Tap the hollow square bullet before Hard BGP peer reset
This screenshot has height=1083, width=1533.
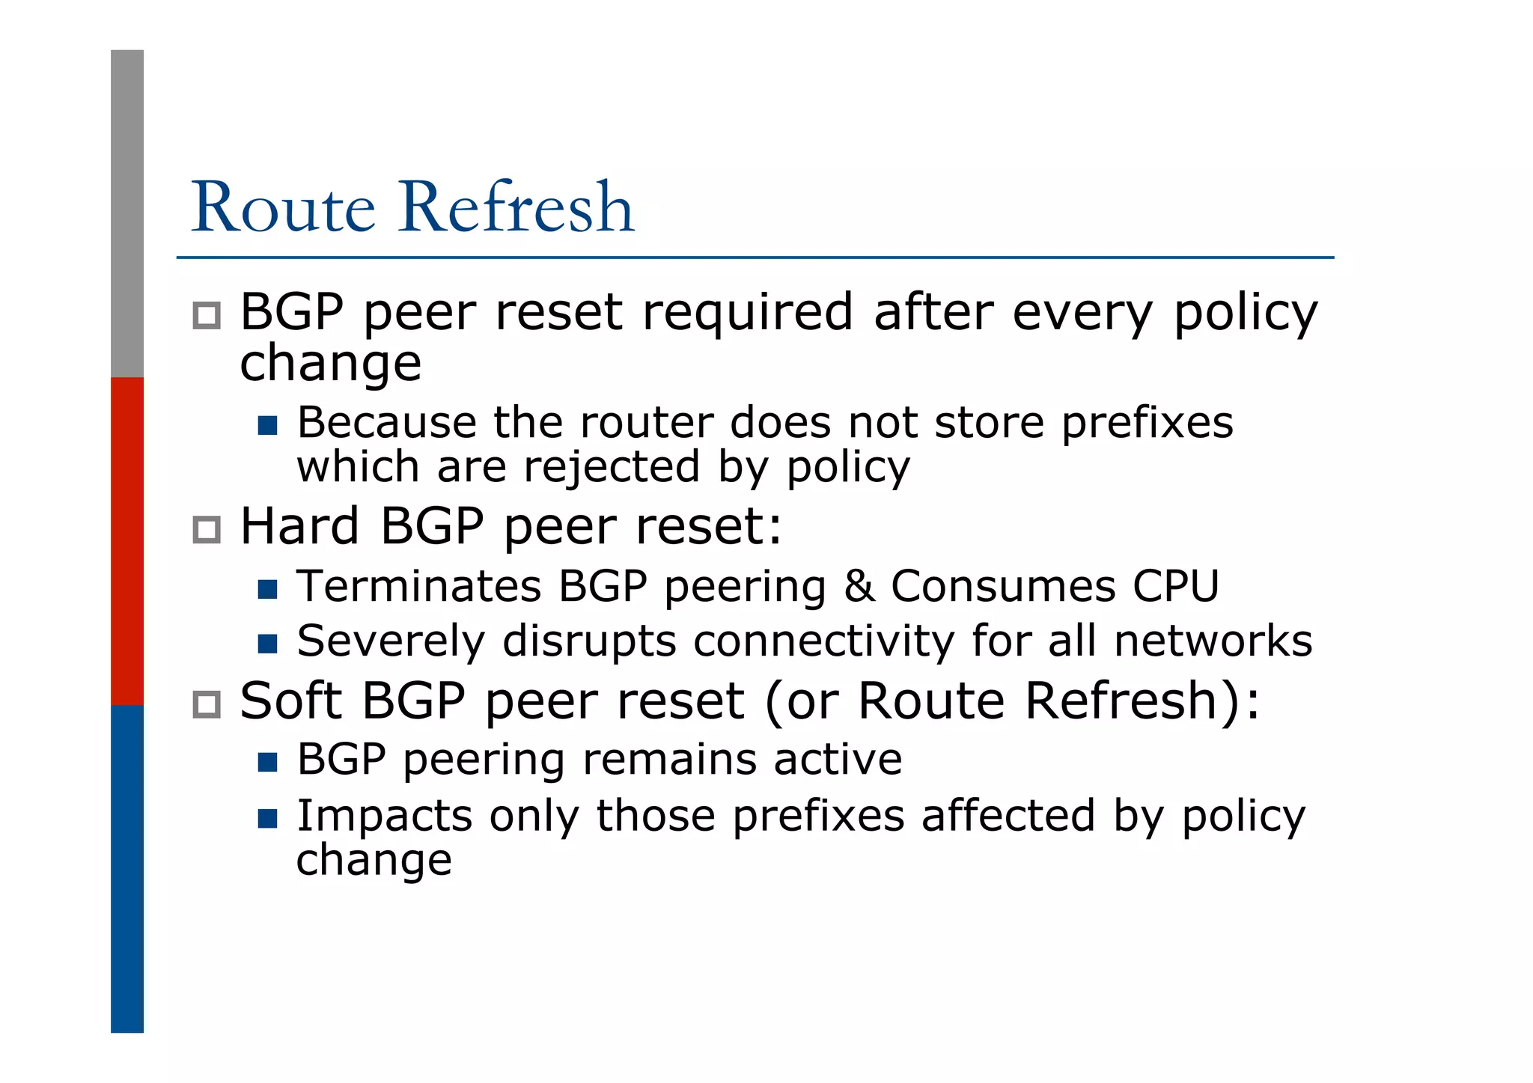coord(207,530)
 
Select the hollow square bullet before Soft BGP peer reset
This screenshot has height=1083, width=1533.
coord(207,704)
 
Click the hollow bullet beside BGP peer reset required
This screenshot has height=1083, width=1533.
coord(207,315)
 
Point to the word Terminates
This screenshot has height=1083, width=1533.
coord(418,586)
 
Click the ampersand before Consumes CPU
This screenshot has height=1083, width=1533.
coord(859,586)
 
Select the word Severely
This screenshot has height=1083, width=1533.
coord(391,641)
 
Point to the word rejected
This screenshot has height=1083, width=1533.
coord(610,468)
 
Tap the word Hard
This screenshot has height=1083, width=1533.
coord(299,526)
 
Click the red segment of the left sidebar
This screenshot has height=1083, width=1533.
coord(127,541)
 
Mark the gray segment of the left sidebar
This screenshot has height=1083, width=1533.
coord(127,213)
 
